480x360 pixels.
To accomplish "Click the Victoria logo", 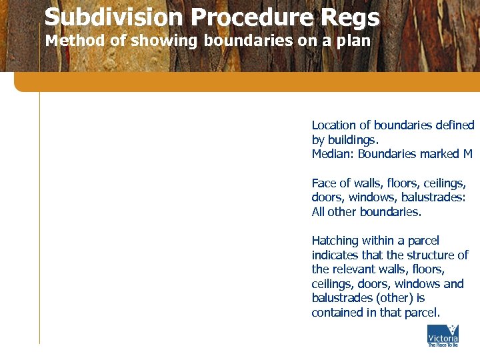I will [x=443, y=336].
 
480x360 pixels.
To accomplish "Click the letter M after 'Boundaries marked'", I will [x=467, y=154].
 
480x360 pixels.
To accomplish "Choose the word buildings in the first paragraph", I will [x=353, y=140].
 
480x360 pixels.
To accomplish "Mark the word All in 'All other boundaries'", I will [x=318, y=212].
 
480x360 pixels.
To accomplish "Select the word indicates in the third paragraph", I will [x=335, y=255].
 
